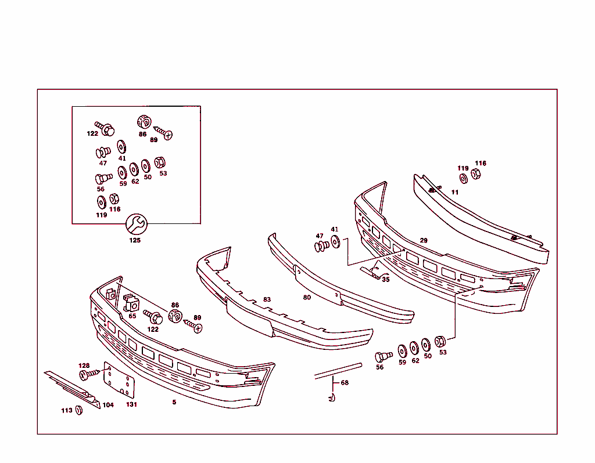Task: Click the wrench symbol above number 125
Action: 137,223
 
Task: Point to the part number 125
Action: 135,240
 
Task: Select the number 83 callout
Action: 267,300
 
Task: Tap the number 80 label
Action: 307,298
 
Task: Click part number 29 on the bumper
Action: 424,240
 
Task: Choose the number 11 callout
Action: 455,192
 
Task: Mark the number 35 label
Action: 386,280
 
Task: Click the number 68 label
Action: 345,383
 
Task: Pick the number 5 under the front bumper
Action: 174,402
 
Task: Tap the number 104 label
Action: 108,405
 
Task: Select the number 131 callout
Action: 132,405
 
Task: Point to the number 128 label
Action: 84,366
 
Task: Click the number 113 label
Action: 67,411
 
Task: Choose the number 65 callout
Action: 132,316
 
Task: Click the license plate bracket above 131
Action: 119,382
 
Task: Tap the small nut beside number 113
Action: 80,410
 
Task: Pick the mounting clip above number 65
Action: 130,303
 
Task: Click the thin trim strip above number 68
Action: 338,370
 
